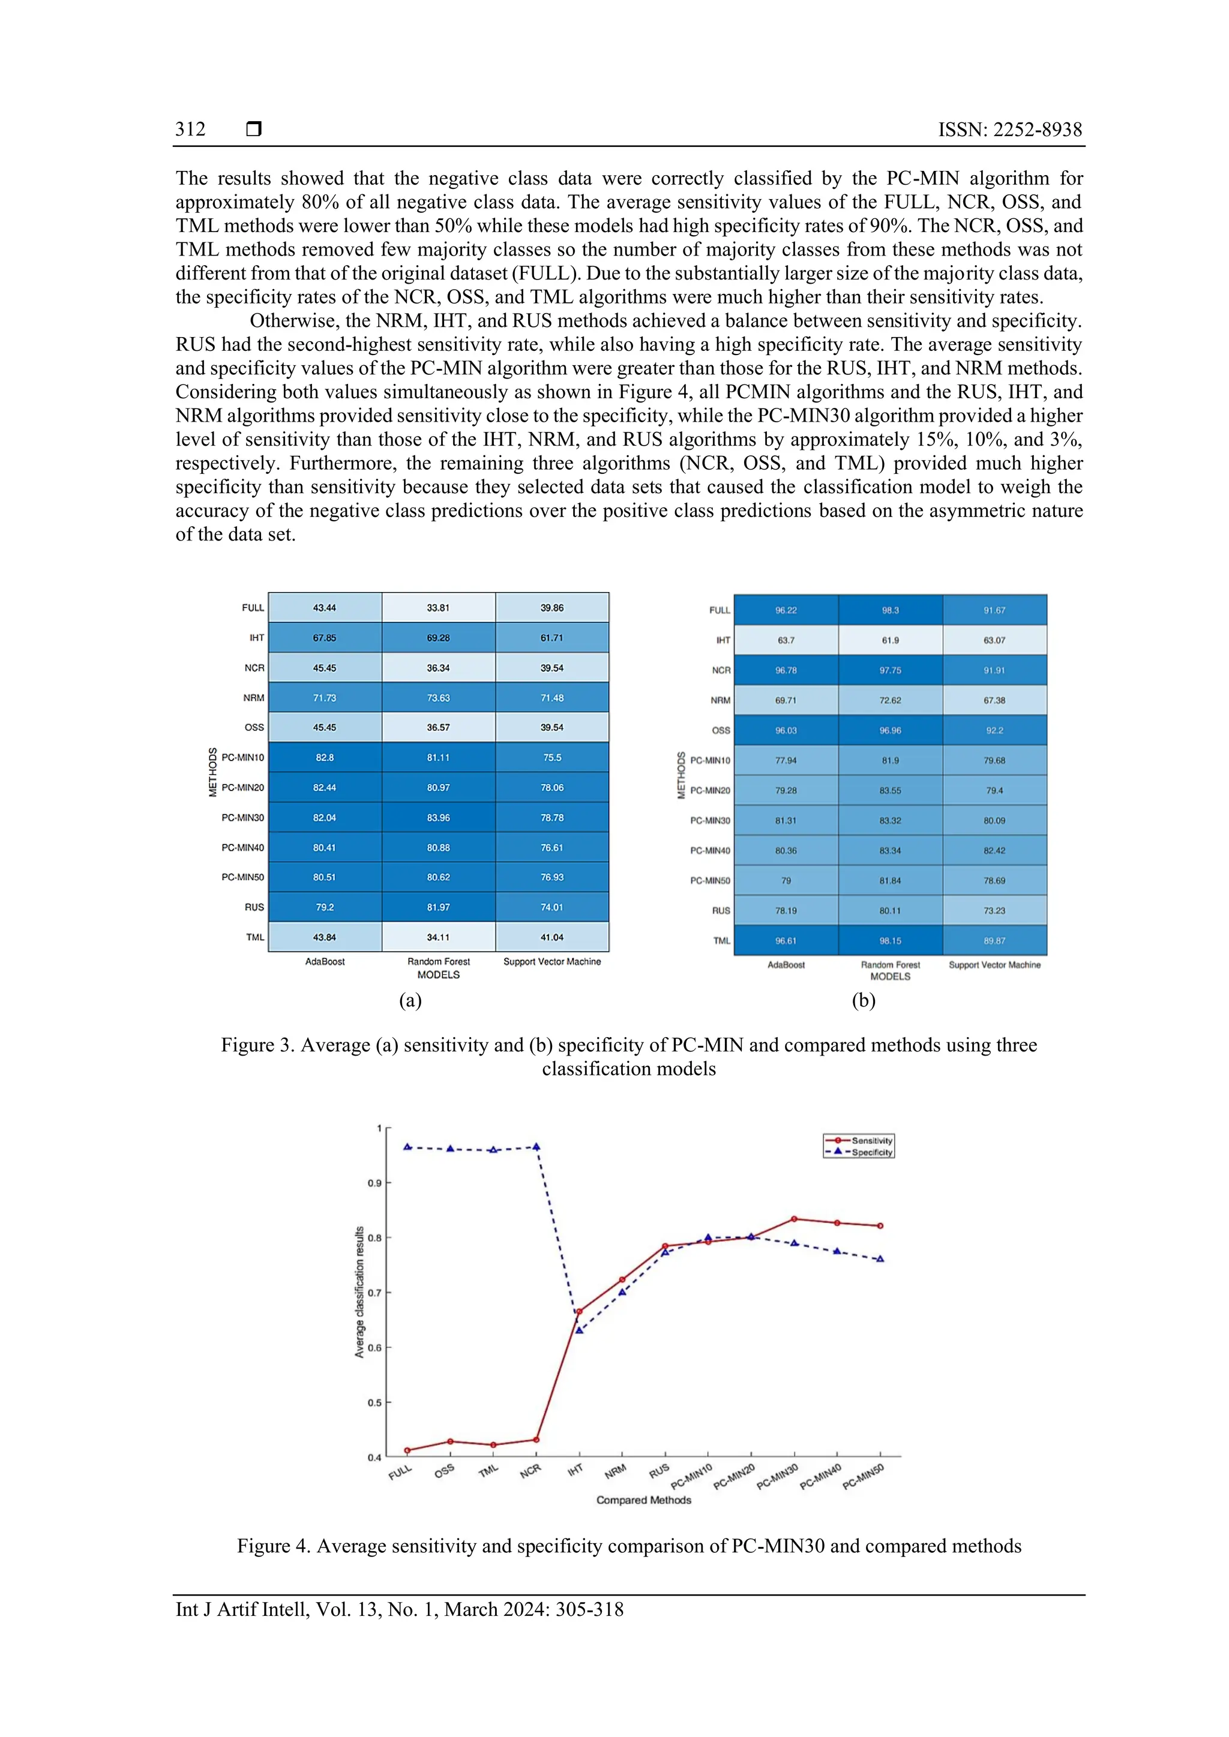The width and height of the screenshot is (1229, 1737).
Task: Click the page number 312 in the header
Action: tap(190, 130)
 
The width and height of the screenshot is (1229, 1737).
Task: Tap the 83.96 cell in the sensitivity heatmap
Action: tap(438, 818)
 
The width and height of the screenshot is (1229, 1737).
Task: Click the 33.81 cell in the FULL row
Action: tap(438, 608)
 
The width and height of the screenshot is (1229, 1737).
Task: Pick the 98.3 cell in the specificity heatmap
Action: tap(890, 610)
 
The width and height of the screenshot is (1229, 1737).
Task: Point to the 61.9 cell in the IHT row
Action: tap(890, 640)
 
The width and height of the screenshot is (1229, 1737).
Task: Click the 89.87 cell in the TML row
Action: tap(994, 940)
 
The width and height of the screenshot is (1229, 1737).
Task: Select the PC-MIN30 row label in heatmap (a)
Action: tap(242, 818)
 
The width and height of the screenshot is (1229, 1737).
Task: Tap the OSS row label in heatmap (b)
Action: tap(721, 731)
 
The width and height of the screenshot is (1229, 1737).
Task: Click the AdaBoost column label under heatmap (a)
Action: tap(325, 961)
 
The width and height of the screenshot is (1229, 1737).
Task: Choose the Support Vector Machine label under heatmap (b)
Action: tap(994, 964)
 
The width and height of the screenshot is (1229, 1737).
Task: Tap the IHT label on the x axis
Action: tap(575, 1469)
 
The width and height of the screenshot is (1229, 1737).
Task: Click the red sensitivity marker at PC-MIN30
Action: tap(794, 1219)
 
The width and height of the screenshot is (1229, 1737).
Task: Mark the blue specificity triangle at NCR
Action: tap(536, 1147)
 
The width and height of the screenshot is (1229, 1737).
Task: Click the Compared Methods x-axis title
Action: tap(643, 1499)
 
